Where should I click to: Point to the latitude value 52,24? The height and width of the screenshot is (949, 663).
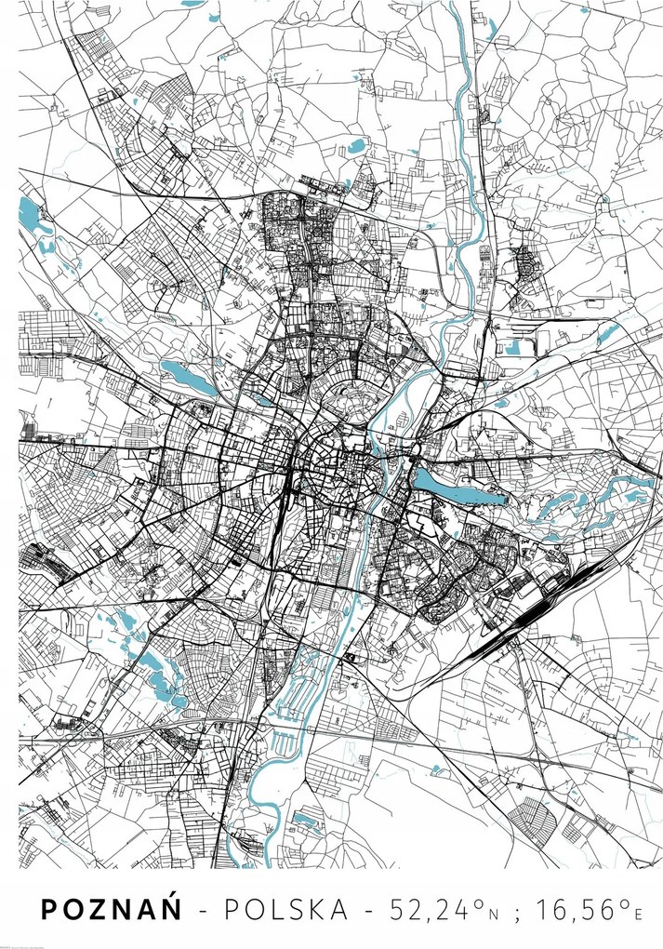click(424, 910)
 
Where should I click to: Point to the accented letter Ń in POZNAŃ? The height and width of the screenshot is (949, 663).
click(170, 908)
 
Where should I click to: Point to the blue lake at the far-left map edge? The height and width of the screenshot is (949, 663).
click(30, 216)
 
